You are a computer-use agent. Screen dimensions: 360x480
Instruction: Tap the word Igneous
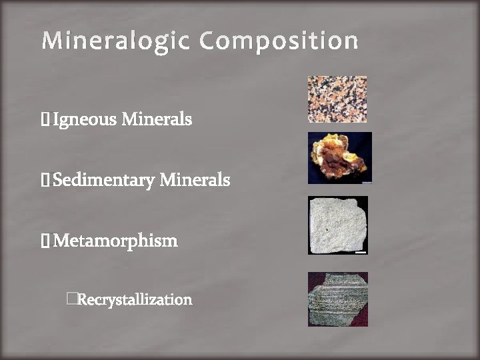click(x=84, y=120)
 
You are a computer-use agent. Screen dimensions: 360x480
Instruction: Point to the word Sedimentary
click(x=104, y=180)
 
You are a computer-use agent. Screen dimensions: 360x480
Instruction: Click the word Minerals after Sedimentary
click(x=195, y=180)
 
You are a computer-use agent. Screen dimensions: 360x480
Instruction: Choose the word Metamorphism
click(x=115, y=241)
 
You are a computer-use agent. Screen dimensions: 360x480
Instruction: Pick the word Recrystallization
click(x=135, y=300)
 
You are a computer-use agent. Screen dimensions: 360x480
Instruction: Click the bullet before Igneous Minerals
click(x=45, y=120)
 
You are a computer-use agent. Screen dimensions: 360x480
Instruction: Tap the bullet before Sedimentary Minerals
click(x=45, y=180)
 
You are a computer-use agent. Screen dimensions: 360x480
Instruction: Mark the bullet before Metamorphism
click(x=45, y=241)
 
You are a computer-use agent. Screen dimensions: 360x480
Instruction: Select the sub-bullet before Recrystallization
click(x=72, y=299)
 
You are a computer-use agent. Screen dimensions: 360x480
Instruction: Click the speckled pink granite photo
click(x=337, y=99)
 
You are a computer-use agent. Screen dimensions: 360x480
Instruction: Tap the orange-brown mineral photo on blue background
click(x=339, y=158)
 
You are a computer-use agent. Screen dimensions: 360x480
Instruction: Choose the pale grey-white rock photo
click(x=337, y=225)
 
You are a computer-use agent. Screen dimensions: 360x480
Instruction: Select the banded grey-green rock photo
click(x=337, y=299)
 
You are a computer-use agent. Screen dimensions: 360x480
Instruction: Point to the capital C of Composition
click(x=208, y=41)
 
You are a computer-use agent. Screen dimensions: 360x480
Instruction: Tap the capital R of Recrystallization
click(x=82, y=300)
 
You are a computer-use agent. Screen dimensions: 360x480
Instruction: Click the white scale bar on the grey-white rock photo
click(x=360, y=251)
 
